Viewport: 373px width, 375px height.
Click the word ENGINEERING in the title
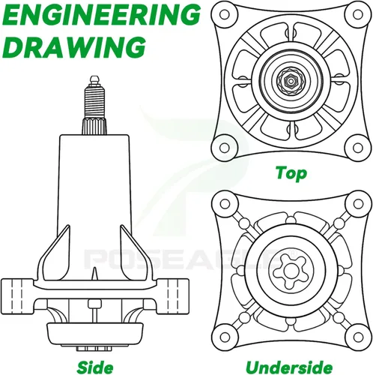click(x=103, y=15)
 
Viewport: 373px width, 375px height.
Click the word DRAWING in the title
click(x=75, y=46)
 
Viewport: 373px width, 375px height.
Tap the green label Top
click(x=291, y=173)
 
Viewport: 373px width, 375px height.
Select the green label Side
click(x=95, y=367)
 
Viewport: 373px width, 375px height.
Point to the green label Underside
click(x=289, y=367)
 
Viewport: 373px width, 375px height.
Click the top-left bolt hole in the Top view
click(x=224, y=14)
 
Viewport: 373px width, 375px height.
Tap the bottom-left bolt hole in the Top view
click(x=224, y=148)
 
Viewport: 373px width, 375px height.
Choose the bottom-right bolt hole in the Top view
click(x=358, y=148)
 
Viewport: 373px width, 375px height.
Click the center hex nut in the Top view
click(x=291, y=81)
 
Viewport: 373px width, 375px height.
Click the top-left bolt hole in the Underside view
click(x=225, y=204)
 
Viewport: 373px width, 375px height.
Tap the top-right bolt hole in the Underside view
click(x=358, y=204)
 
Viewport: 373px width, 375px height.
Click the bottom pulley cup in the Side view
click(x=95, y=334)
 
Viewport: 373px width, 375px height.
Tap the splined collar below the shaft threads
click(x=94, y=126)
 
